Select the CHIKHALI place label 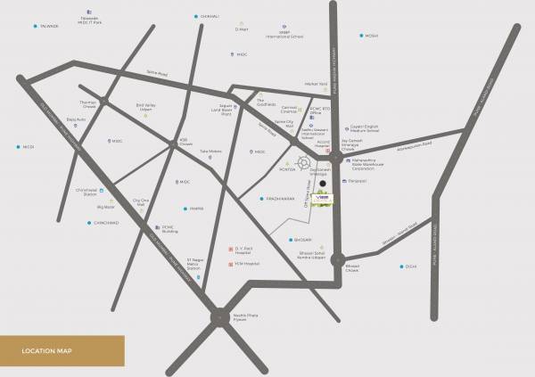coord(207,15)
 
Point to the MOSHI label coord(370,36)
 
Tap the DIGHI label coord(410,266)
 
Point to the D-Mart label coord(241,29)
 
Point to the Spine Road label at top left coord(158,73)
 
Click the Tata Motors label coord(210,151)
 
